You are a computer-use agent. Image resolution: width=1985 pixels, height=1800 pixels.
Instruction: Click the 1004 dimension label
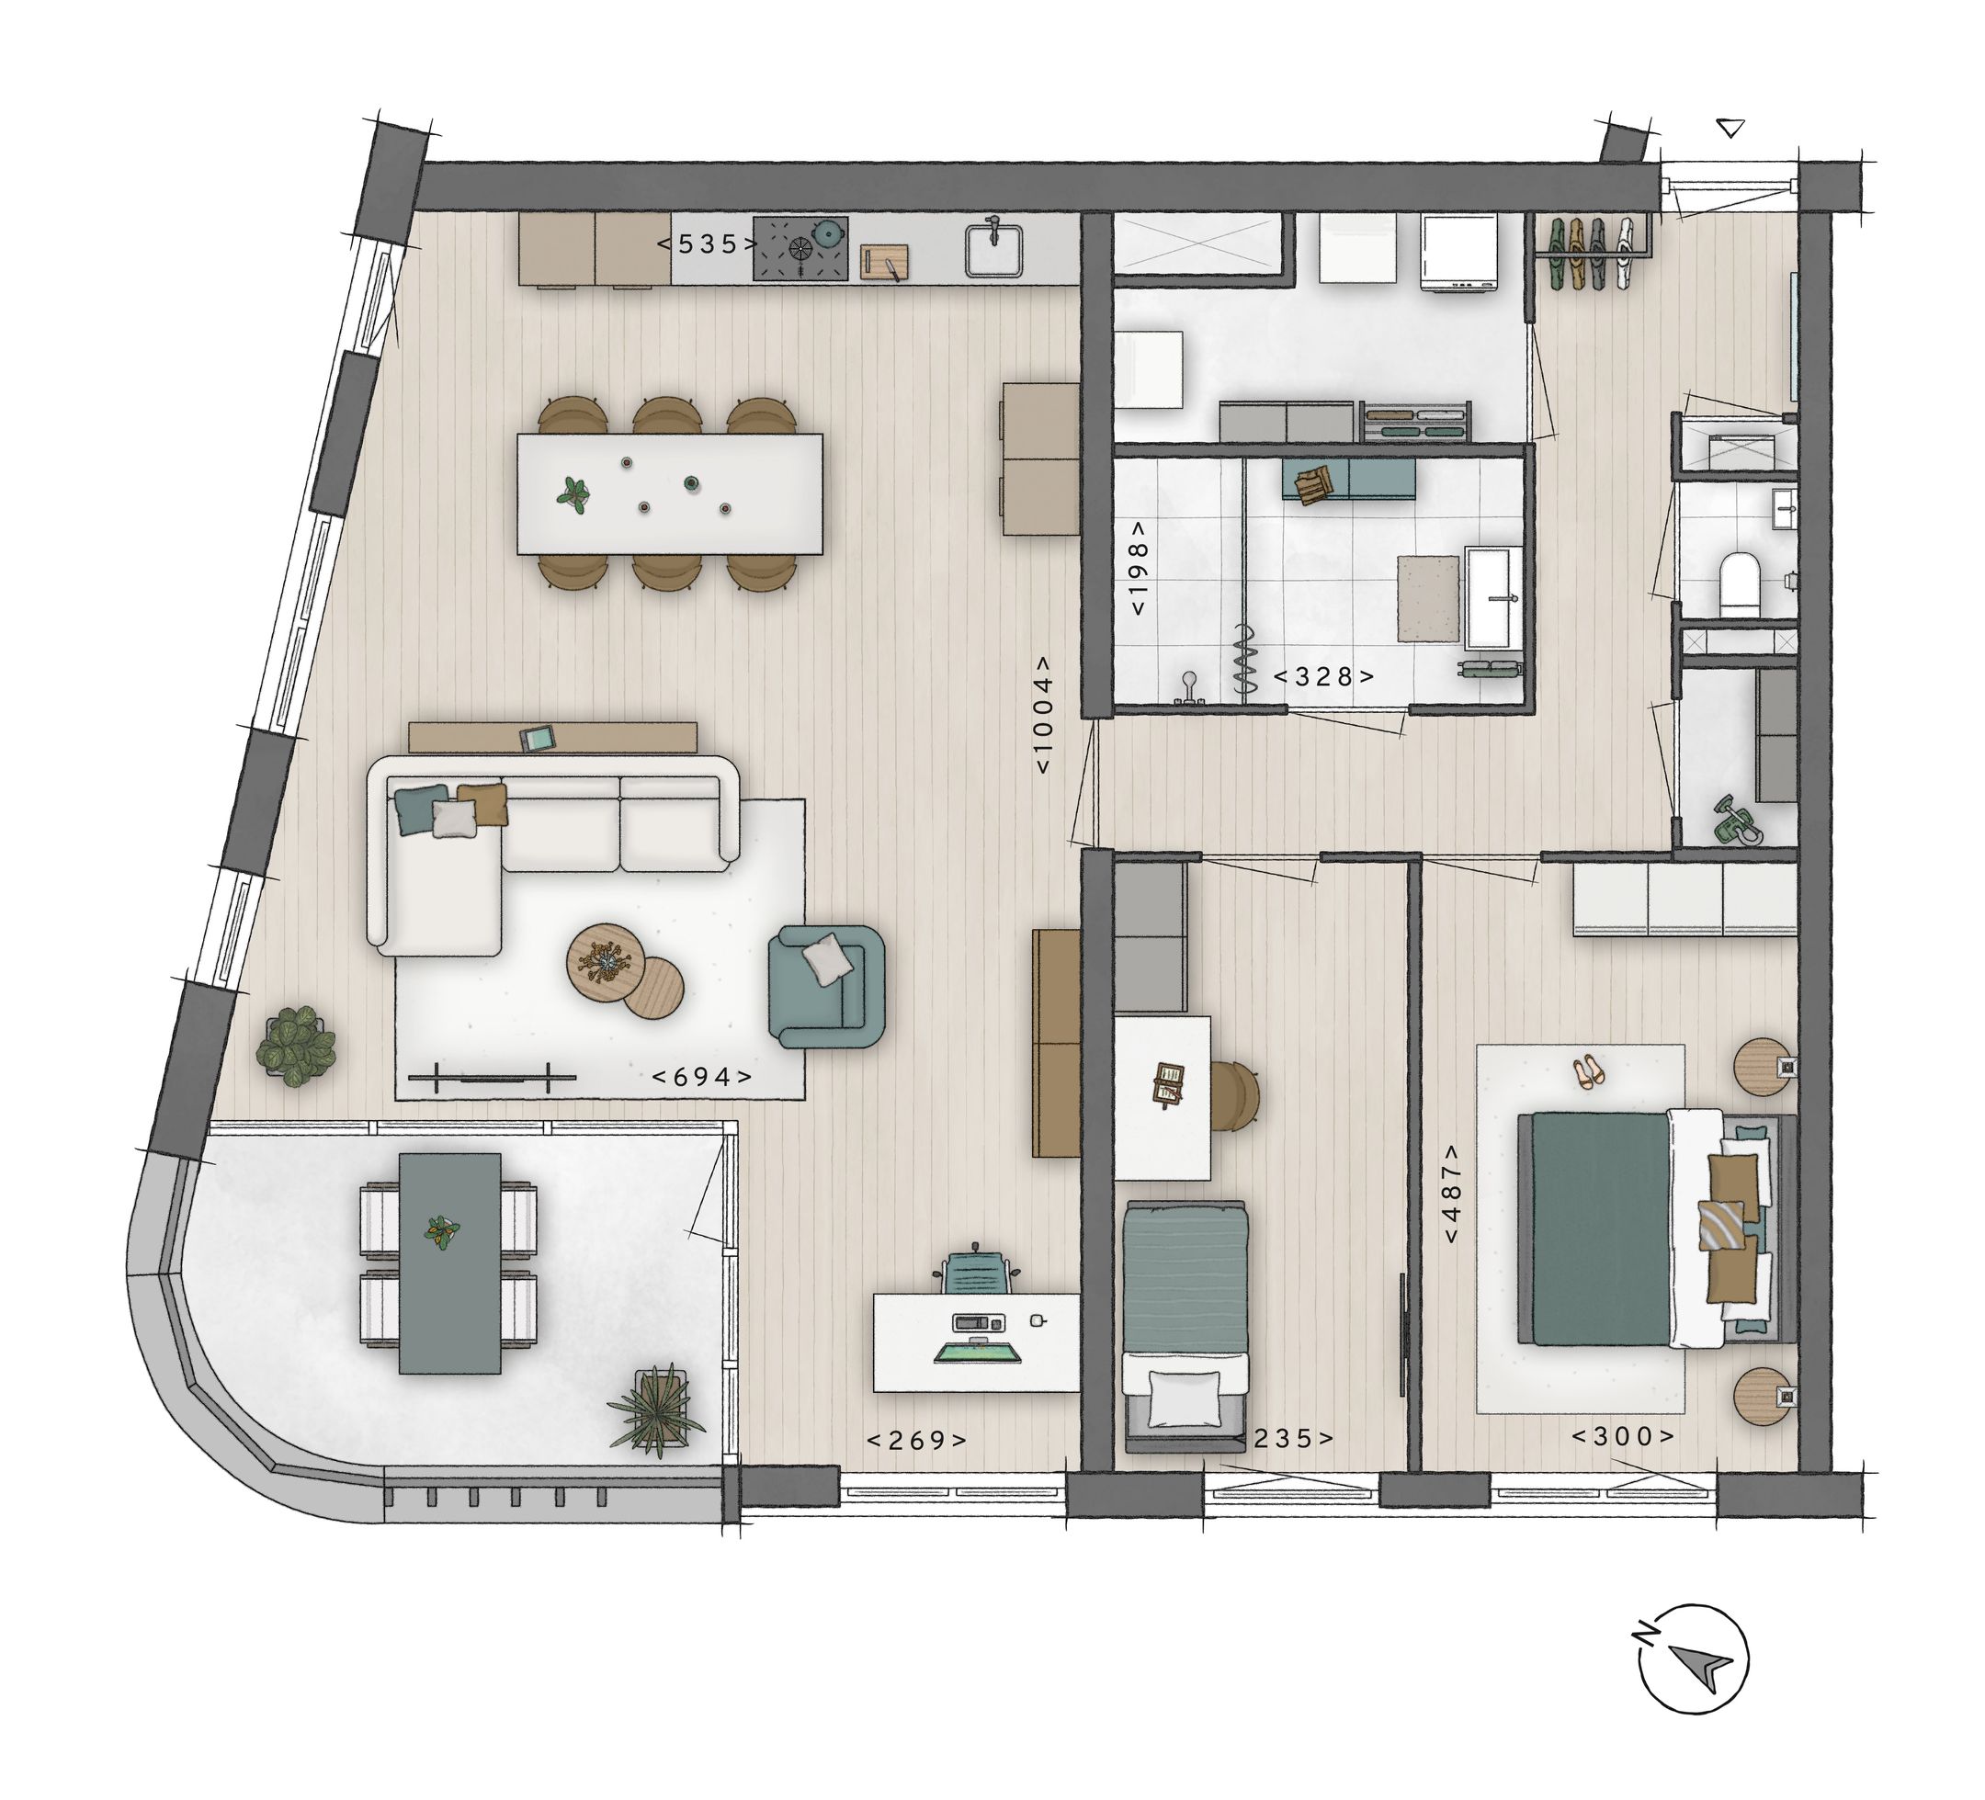(x=1045, y=715)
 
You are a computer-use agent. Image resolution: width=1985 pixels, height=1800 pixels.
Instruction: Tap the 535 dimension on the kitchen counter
(x=707, y=244)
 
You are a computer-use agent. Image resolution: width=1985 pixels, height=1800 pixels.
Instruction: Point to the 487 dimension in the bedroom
(x=1452, y=1194)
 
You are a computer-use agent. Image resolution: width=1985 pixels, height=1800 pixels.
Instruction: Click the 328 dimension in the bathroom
(x=1323, y=677)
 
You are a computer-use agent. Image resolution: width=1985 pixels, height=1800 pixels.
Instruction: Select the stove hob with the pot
(x=800, y=247)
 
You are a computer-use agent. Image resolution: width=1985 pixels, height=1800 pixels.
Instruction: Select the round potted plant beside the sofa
(x=295, y=1046)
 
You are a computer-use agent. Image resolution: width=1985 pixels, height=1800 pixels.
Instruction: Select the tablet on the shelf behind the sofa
(x=539, y=738)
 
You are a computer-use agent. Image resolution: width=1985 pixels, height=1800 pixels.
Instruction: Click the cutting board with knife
(x=884, y=263)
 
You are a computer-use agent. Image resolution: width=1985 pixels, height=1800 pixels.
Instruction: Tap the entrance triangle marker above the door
(x=1730, y=127)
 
